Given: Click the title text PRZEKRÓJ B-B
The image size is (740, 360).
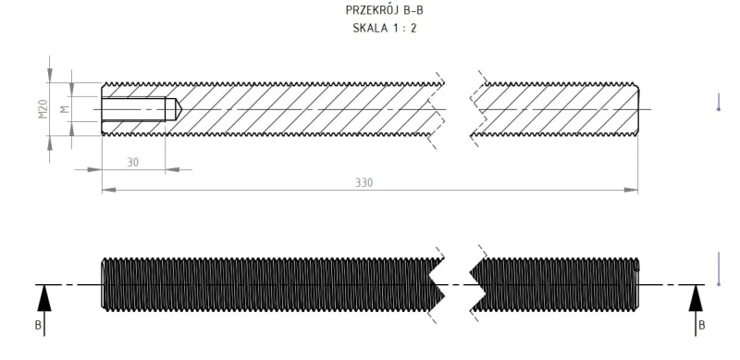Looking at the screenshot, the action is coord(384,10).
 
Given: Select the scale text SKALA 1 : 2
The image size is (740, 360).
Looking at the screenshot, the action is coord(385,28).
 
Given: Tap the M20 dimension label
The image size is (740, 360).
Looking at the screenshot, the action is coord(43,109).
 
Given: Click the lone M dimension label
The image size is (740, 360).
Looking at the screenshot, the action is coord(65,109).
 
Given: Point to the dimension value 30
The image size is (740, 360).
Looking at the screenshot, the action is coord(133,162).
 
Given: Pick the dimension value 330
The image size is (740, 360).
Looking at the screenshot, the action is coord(364,183).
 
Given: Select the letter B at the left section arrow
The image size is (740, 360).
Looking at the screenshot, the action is coord(38,325).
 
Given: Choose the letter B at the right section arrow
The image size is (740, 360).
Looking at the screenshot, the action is coord(701,325).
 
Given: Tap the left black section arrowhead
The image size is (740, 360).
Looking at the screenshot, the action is coord(44,299).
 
